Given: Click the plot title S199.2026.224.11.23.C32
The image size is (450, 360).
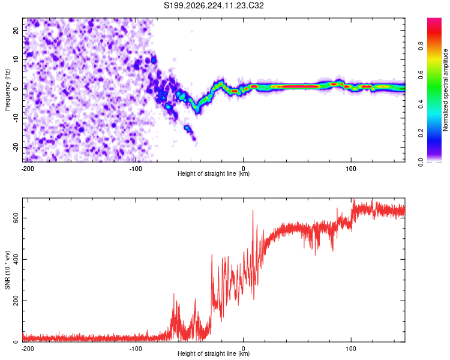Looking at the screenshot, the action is [214, 5].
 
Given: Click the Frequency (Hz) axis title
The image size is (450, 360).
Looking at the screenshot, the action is [7, 90].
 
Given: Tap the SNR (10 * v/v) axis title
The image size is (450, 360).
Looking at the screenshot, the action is [7, 270].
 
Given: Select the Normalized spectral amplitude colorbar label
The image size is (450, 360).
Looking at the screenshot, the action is [445, 90].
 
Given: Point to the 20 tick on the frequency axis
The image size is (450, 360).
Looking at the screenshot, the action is [16, 30].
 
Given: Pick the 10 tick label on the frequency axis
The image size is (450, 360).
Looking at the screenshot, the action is [16, 59].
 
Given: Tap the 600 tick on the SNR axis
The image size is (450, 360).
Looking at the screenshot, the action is [16, 218].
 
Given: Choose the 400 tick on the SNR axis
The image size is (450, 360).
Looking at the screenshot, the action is [16, 260].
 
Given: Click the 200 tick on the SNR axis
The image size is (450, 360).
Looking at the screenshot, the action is [16, 301].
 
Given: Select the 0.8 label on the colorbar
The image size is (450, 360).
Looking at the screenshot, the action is [421, 46].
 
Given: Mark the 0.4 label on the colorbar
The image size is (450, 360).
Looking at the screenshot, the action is [421, 104].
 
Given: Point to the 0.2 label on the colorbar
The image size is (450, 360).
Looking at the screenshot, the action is [421, 133].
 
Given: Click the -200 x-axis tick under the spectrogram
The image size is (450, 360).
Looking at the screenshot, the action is [28, 169].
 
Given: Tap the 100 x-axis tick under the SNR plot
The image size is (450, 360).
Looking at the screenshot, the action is [351, 349].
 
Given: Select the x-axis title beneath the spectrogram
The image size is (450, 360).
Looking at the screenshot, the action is [214, 173].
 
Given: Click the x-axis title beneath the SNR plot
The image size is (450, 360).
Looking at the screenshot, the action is [214, 353].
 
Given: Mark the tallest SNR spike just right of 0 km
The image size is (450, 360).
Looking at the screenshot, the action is [253, 211].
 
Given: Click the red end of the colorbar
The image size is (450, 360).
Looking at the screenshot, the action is [434, 22].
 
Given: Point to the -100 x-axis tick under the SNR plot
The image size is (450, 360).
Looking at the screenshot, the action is [136, 349].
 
